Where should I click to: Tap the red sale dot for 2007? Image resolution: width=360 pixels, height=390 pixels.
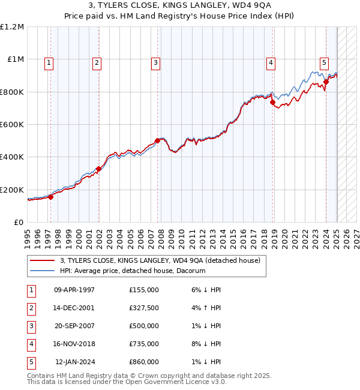[x=157, y=140]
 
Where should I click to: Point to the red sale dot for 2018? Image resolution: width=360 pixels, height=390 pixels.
[x=272, y=103]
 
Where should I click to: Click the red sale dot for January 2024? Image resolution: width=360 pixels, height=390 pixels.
[x=326, y=82]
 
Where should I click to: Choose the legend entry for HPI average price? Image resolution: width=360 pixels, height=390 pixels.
[x=132, y=271]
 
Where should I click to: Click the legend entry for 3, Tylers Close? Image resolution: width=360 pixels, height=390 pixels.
[x=160, y=260]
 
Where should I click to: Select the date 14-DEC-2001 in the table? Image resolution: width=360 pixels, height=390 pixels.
[x=74, y=308]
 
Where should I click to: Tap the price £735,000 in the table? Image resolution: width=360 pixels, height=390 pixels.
[x=144, y=344]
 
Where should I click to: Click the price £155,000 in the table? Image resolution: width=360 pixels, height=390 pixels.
[x=144, y=290]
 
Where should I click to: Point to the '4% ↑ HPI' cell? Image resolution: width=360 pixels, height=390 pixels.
[x=204, y=308]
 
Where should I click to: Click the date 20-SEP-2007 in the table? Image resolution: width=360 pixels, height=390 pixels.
[x=74, y=326]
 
